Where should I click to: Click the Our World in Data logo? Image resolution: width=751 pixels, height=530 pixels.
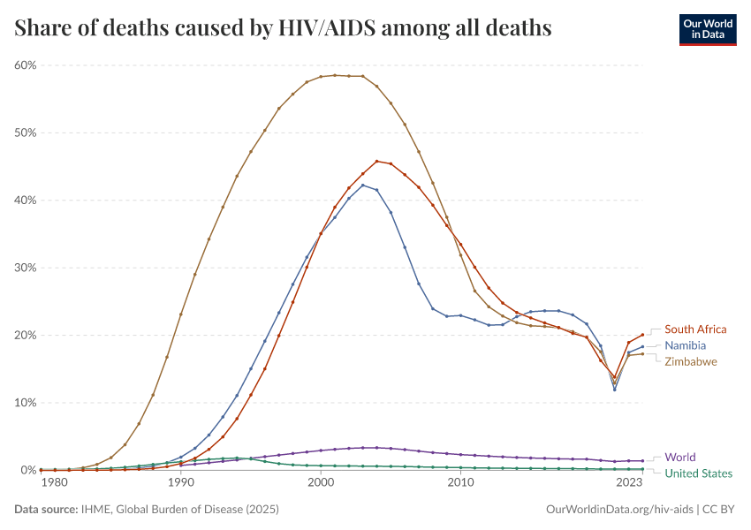point(707,29)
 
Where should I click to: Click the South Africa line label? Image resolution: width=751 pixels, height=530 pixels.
point(696,329)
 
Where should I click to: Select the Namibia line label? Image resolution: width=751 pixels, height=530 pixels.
point(686,345)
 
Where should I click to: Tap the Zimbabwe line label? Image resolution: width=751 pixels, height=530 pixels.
point(691,361)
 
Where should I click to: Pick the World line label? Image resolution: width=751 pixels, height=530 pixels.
point(680,458)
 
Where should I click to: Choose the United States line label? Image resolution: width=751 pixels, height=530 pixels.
point(699,473)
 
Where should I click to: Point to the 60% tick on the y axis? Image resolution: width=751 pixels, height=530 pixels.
point(25,65)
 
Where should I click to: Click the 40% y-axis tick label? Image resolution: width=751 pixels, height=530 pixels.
point(25,201)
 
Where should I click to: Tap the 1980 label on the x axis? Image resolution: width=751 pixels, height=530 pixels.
point(54,483)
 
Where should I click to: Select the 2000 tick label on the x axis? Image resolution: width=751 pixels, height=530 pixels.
point(321,483)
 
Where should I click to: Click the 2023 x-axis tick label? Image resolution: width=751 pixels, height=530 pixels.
point(628,483)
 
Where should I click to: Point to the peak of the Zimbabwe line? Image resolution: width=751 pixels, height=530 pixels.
point(335,75)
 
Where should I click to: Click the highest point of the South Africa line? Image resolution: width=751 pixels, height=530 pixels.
point(377,162)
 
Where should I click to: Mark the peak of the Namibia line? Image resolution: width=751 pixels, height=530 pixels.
point(363,185)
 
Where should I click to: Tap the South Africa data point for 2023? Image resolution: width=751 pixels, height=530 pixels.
point(642,335)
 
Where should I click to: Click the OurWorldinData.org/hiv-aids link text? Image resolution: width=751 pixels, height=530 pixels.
point(618,510)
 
